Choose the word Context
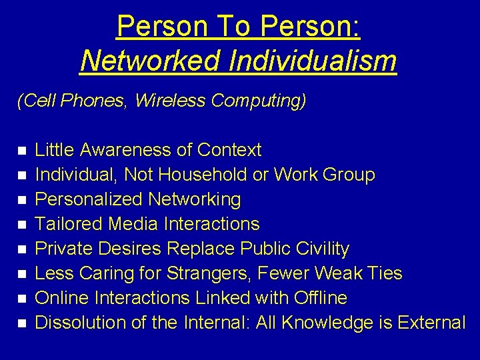pos(230,150)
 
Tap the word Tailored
pos(65,224)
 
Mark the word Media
pos(124,224)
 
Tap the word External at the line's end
pos(431,323)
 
